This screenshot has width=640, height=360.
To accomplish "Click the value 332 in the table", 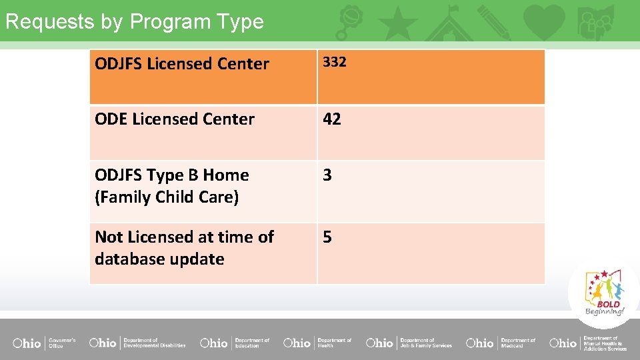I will [335, 62].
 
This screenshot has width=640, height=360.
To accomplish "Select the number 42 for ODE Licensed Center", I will [332, 119].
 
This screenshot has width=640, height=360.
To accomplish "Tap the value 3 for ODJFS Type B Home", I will [327, 175].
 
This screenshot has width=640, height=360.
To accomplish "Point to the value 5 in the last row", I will [327, 237].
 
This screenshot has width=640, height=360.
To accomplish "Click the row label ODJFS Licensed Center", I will [182, 64].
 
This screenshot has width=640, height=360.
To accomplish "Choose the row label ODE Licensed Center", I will [175, 119].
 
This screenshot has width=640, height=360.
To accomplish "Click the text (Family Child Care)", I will [167, 197].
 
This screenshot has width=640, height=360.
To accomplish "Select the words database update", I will [159, 259].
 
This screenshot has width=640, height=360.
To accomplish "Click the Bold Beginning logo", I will [605, 293].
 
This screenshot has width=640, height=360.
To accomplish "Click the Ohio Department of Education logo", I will [235, 343].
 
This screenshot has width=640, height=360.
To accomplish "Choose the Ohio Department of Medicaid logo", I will [501, 343].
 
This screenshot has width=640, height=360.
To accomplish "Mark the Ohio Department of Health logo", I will [317, 343].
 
